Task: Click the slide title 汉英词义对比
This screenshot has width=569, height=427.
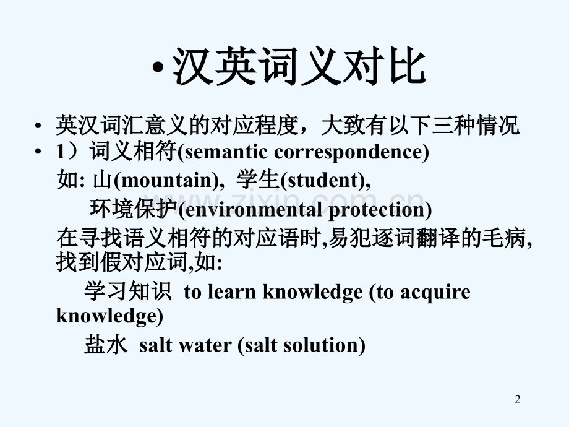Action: coord(299,67)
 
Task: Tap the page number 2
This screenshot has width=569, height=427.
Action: coord(518,400)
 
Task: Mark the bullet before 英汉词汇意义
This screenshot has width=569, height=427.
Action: coord(39,126)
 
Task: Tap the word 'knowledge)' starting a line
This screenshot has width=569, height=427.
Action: coord(110,316)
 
